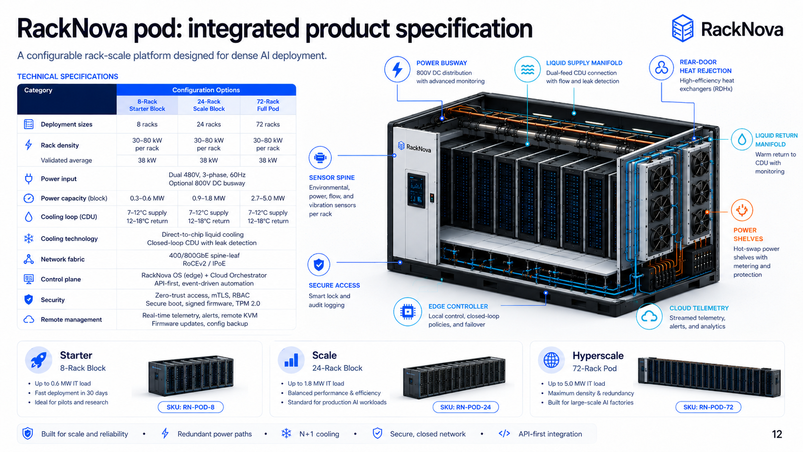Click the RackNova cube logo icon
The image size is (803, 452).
[x=682, y=28]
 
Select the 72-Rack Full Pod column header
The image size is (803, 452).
[x=268, y=105]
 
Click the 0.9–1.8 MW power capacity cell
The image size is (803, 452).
[x=208, y=198]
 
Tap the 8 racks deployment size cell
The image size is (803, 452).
[x=147, y=124]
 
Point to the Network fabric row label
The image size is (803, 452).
[x=63, y=259]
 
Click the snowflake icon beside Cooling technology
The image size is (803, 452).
[x=29, y=238]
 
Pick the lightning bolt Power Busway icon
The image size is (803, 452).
[x=397, y=69]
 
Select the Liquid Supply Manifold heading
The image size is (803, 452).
[x=584, y=63]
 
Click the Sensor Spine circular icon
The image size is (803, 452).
[x=320, y=158]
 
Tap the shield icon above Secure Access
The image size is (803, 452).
[x=319, y=265]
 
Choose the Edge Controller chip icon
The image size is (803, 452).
[x=408, y=311]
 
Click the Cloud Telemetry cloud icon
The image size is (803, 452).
[x=649, y=316]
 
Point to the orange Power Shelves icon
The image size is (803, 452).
[x=742, y=210]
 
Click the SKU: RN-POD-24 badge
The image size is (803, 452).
[x=465, y=407]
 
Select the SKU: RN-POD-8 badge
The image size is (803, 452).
[x=190, y=407]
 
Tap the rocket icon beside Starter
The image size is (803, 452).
[x=38, y=360]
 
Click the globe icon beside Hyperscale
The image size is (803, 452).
[x=551, y=360]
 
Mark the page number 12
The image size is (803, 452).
[x=777, y=434]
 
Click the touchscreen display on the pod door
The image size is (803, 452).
[x=416, y=190]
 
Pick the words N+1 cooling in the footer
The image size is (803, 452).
[x=319, y=434]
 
